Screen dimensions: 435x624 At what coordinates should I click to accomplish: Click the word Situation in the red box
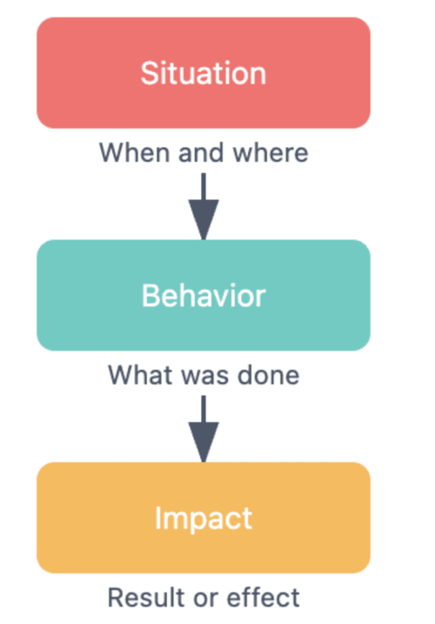coord(204,73)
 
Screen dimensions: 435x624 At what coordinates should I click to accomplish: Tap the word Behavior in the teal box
coord(204,296)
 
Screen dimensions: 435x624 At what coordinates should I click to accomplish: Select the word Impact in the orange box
coord(204,519)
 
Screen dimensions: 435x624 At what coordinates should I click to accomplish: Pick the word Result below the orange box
coord(139,597)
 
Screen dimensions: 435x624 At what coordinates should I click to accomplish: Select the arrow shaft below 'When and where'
coord(204,186)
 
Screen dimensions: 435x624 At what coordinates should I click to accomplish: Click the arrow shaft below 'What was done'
coord(204,409)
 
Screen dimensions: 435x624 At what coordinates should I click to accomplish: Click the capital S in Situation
coord(150,73)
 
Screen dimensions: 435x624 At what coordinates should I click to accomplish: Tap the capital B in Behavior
coord(151,296)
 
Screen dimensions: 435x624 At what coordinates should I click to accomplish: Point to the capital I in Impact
coord(157,518)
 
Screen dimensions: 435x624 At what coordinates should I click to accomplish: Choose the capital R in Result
coord(116,597)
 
